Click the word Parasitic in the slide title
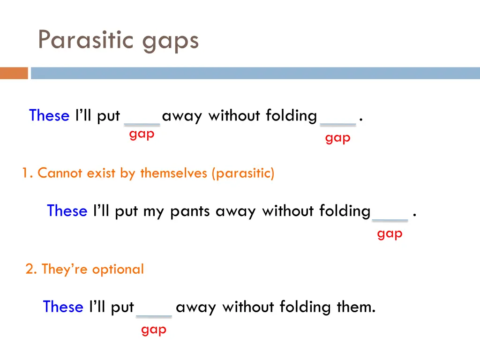87,40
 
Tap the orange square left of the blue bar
14,73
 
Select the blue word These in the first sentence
49,115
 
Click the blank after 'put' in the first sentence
142,123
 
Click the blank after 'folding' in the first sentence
337,123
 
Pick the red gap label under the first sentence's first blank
142,134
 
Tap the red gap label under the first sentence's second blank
337,138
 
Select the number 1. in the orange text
27,173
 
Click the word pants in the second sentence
190,211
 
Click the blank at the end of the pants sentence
390,218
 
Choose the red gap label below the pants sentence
390,233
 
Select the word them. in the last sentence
356,307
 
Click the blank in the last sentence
154,315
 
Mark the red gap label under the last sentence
154,330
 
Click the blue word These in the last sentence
63,307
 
